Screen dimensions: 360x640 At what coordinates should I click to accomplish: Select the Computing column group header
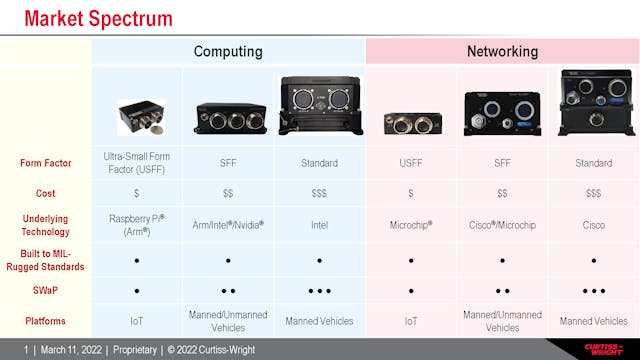tap(228, 51)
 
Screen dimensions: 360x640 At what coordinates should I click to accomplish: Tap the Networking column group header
tap(502, 51)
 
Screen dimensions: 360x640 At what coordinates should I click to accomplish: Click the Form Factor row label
tap(45, 162)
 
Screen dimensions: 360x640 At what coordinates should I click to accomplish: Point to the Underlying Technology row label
tap(45, 225)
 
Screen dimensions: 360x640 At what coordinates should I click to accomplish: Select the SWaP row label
tap(45, 291)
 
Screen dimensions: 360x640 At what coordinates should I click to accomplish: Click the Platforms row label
tap(45, 322)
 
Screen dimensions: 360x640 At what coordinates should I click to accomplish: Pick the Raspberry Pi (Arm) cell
tap(136, 225)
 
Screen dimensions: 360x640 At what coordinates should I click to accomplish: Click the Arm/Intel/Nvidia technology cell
tap(228, 225)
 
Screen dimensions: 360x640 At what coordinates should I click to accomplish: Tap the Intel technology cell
tap(319, 225)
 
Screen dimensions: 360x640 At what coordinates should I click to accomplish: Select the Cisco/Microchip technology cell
tap(502, 225)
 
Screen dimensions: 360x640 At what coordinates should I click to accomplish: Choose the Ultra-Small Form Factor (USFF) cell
tap(136, 162)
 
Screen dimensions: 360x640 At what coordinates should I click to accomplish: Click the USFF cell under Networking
tap(410, 162)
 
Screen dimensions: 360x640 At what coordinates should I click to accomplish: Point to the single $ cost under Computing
tap(136, 193)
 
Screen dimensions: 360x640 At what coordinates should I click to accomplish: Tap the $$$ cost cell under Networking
tap(593, 193)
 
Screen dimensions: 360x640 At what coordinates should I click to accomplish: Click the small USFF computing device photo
tap(140, 117)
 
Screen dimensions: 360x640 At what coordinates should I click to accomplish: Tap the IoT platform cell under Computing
tap(136, 322)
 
